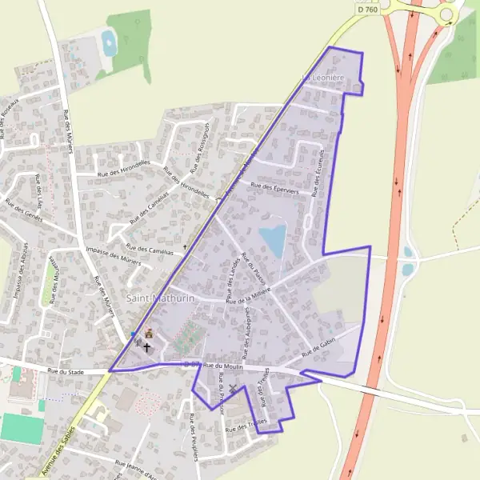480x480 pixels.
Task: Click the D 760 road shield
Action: pyautogui.click(x=367, y=10)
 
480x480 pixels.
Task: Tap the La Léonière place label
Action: pyautogui.click(x=322, y=77)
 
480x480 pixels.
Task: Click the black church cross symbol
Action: pyautogui.click(x=146, y=348)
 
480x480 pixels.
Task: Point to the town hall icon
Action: pyautogui.click(x=148, y=333)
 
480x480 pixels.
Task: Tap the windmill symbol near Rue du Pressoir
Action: pyautogui.click(x=233, y=389)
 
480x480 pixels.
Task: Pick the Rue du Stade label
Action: pyautogui.click(x=65, y=371)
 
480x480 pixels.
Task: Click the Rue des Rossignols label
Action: pyautogui.click(x=200, y=138)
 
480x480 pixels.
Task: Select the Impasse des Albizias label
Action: pyautogui.click(x=21, y=273)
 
